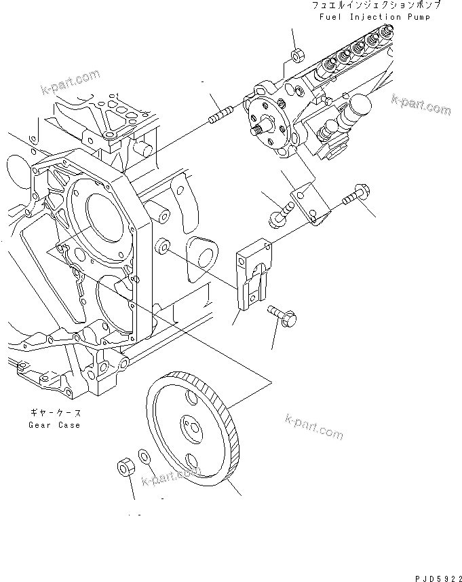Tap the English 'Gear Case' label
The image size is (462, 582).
[54, 425]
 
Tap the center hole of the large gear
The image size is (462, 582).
[191, 429]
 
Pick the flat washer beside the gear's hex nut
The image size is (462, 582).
[145, 457]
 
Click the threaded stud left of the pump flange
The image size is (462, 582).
[220, 116]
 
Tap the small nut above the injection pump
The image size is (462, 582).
[296, 55]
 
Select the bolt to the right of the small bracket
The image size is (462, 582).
[353, 198]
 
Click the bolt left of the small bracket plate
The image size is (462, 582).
[277, 218]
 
